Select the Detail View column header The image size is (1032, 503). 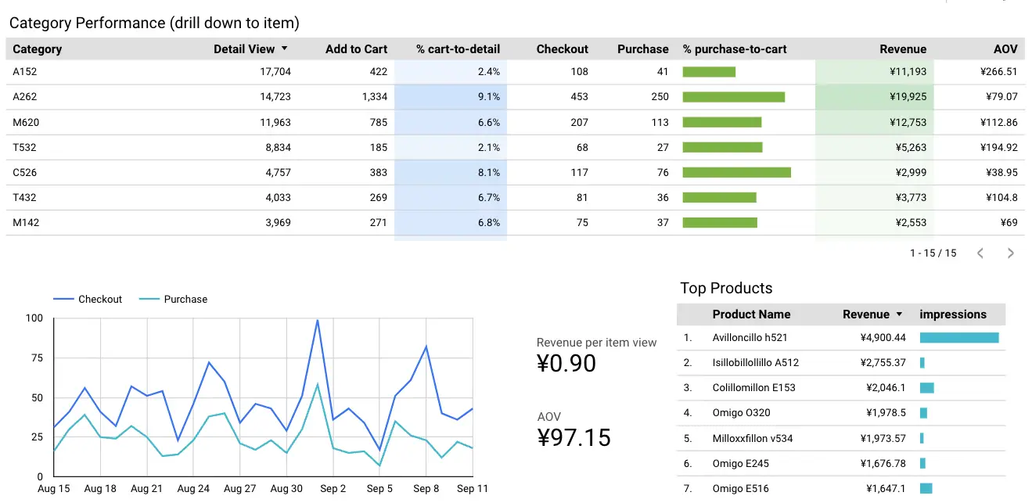(x=244, y=49)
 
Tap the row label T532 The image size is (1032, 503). (x=24, y=147)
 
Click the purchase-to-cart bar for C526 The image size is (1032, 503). (x=736, y=172)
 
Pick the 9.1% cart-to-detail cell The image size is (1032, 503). (x=488, y=97)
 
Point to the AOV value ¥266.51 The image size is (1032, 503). (x=998, y=72)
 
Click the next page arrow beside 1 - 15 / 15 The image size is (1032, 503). (x=1010, y=253)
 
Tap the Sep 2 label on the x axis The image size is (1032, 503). (x=333, y=489)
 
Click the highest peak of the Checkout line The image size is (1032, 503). (x=317, y=320)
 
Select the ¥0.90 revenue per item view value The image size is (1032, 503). (x=566, y=363)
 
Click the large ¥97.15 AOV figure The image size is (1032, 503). (x=574, y=437)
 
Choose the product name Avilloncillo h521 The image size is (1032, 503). (x=750, y=338)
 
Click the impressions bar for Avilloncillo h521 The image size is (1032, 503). (x=958, y=338)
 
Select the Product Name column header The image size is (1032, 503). (x=751, y=314)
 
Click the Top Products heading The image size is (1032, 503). (x=726, y=288)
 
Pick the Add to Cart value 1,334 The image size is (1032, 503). (x=374, y=97)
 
